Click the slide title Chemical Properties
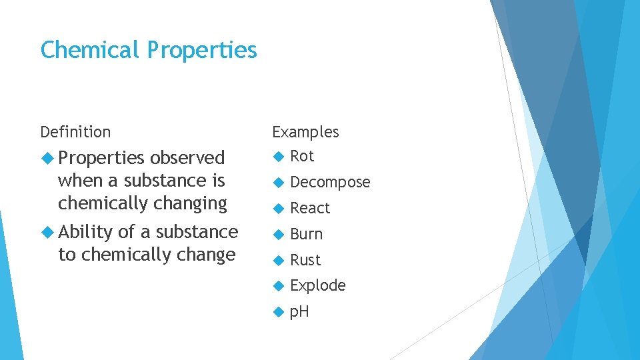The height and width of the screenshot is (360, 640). [x=148, y=50]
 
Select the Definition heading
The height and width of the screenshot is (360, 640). [x=75, y=132]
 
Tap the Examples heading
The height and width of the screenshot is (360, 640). [x=305, y=132]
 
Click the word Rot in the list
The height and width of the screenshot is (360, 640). [x=302, y=156]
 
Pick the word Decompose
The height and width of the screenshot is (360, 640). [x=330, y=182]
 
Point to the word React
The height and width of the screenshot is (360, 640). [x=310, y=208]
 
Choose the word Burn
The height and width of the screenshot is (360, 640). [x=307, y=234]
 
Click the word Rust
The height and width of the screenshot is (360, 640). [x=305, y=260]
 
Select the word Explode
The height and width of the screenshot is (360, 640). [x=318, y=285]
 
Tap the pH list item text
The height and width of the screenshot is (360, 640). [x=300, y=311]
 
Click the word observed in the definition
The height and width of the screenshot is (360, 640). [x=187, y=158]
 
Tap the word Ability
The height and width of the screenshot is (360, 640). [x=85, y=232]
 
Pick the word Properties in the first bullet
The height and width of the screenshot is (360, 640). [x=101, y=158]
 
